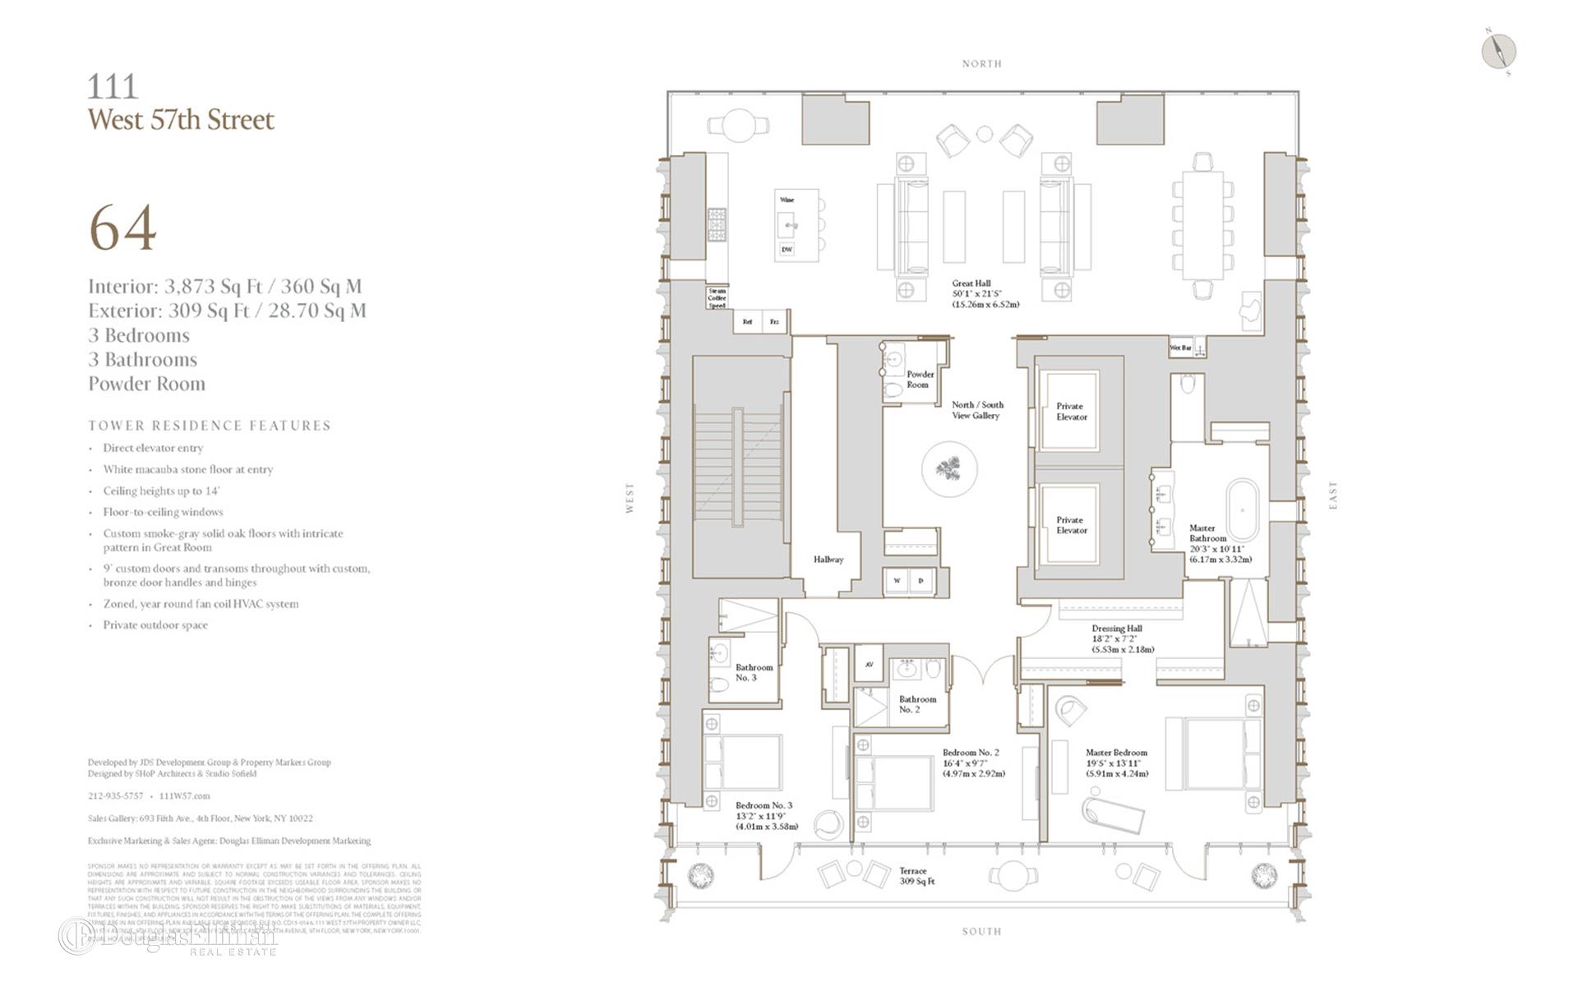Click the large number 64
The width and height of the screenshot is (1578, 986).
click(122, 228)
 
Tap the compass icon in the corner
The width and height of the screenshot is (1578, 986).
click(1498, 52)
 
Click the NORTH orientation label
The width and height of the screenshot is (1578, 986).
click(981, 64)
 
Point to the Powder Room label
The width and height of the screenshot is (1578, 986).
click(919, 380)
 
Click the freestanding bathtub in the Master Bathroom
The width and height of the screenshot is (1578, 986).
click(1243, 510)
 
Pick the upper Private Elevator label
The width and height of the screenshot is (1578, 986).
click(1071, 412)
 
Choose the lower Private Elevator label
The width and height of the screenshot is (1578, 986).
click(1071, 525)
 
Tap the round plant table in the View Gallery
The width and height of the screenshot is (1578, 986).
click(949, 470)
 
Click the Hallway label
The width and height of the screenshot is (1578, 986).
click(828, 560)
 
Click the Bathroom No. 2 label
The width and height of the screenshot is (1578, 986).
click(917, 704)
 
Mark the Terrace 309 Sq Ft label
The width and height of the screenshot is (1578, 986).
click(916, 876)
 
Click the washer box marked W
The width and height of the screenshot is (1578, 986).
click(897, 581)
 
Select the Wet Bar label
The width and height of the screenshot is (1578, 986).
click(1180, 348)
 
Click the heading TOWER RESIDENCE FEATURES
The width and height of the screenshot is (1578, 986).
click(210, 426)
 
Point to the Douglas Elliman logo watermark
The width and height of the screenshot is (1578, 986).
click(168, 937)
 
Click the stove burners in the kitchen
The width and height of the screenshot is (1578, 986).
click(717, 224)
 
